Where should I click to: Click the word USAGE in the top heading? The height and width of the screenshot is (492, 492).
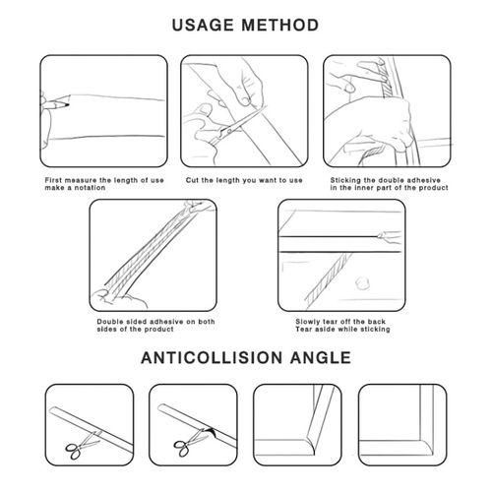click(x=203, y=25)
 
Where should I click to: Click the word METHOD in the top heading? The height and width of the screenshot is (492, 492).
click(x=280, y=25)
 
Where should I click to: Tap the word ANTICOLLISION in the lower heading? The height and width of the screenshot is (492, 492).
click(x=212, y=357)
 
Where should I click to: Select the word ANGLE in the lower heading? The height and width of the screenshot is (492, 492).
click(x=321, y=357)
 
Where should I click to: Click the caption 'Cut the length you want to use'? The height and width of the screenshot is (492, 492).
click(x=244, y=180)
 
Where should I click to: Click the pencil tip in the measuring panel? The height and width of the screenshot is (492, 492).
click(x=67, y=105)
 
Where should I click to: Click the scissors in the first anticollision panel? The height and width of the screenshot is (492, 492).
click(x=82, y=445)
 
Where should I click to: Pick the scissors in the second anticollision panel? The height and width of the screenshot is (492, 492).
click(x=190, y=443)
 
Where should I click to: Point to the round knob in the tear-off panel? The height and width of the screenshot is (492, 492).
click(x=362, y=282)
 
